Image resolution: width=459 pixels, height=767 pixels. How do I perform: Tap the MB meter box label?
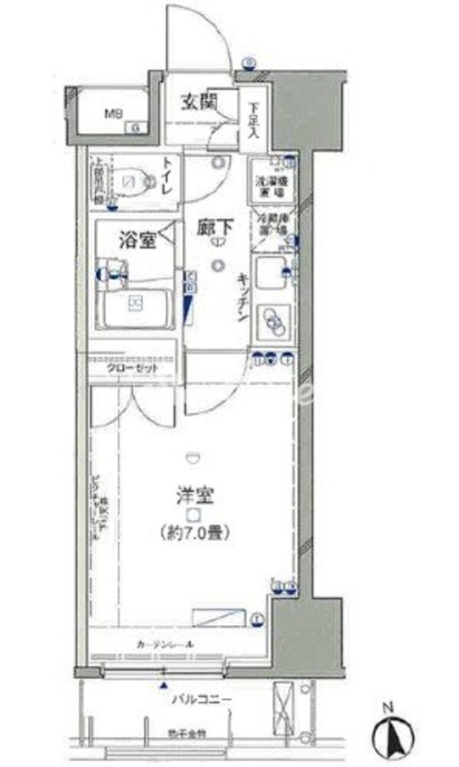pos(114,116)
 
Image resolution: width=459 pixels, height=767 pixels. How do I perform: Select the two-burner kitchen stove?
pos(272,320)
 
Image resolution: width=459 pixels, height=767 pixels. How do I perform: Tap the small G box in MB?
pos(137,127)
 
